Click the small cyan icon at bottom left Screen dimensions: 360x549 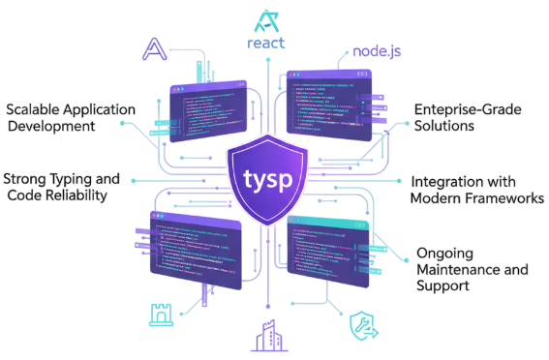[160, 311]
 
